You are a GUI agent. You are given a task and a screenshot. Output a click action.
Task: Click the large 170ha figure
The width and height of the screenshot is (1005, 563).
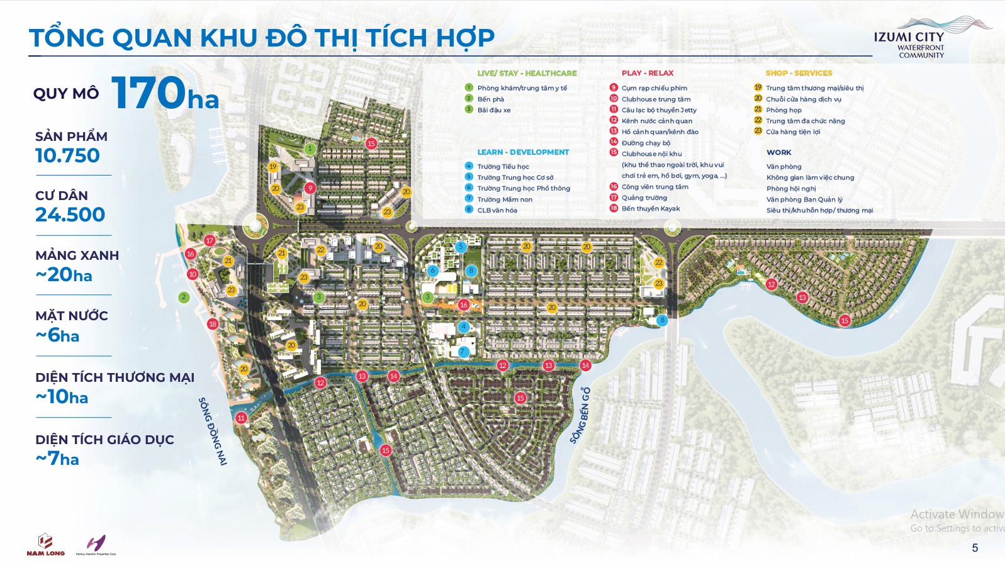(165, 93)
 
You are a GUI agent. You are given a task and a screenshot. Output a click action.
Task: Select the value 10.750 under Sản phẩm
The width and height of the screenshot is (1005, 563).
(67, 155)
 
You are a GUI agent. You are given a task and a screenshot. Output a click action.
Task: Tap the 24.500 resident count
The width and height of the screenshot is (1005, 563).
(70, 215)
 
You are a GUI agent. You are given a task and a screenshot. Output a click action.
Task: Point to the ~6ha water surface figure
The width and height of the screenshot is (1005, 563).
(57, 335)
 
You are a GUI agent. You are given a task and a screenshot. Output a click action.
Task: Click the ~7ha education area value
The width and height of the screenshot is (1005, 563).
(57, 459)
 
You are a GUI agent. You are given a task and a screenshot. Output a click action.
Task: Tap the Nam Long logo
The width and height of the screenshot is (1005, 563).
(45, 545)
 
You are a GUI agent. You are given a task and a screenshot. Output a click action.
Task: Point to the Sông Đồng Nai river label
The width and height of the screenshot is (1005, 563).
(213, 431)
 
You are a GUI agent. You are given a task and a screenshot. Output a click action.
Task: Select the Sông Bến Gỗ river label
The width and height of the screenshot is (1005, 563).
(581, 416)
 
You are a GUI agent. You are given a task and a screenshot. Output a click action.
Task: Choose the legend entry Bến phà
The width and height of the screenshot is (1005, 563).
(490, 99)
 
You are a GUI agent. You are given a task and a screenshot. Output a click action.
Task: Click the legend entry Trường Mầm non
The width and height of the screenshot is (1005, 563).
(504, 199)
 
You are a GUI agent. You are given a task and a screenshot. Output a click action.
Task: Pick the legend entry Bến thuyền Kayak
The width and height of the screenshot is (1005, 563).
(650, 209)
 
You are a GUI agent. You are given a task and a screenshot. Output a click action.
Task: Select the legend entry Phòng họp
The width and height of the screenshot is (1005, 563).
(783, 110)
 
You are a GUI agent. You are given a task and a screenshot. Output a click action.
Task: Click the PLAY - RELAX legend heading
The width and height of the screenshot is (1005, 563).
(647, 73)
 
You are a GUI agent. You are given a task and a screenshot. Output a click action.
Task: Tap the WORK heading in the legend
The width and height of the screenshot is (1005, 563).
(778, 152)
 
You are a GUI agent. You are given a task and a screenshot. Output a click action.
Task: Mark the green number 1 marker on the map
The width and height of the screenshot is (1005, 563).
(310, 149)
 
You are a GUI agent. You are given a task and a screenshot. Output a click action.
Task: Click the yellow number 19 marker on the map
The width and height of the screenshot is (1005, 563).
(272, 167)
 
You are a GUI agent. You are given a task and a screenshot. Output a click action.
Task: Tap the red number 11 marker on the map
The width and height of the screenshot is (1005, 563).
(241, 418)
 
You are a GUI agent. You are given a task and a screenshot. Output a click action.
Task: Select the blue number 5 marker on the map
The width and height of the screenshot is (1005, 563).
(461, 247)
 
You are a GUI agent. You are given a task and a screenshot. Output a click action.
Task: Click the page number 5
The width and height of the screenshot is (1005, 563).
(975, 548)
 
